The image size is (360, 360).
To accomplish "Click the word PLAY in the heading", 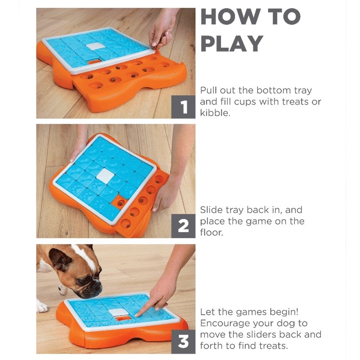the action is [232, 43].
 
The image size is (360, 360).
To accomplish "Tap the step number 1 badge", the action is [184, 107].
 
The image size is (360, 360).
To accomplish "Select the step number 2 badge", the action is [184, 226].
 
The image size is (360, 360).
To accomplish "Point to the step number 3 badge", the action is [184, 342].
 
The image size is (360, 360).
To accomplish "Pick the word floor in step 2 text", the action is [211, 232].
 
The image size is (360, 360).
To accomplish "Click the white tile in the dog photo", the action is [117, 312].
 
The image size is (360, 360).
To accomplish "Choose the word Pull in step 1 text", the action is [208, 90].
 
